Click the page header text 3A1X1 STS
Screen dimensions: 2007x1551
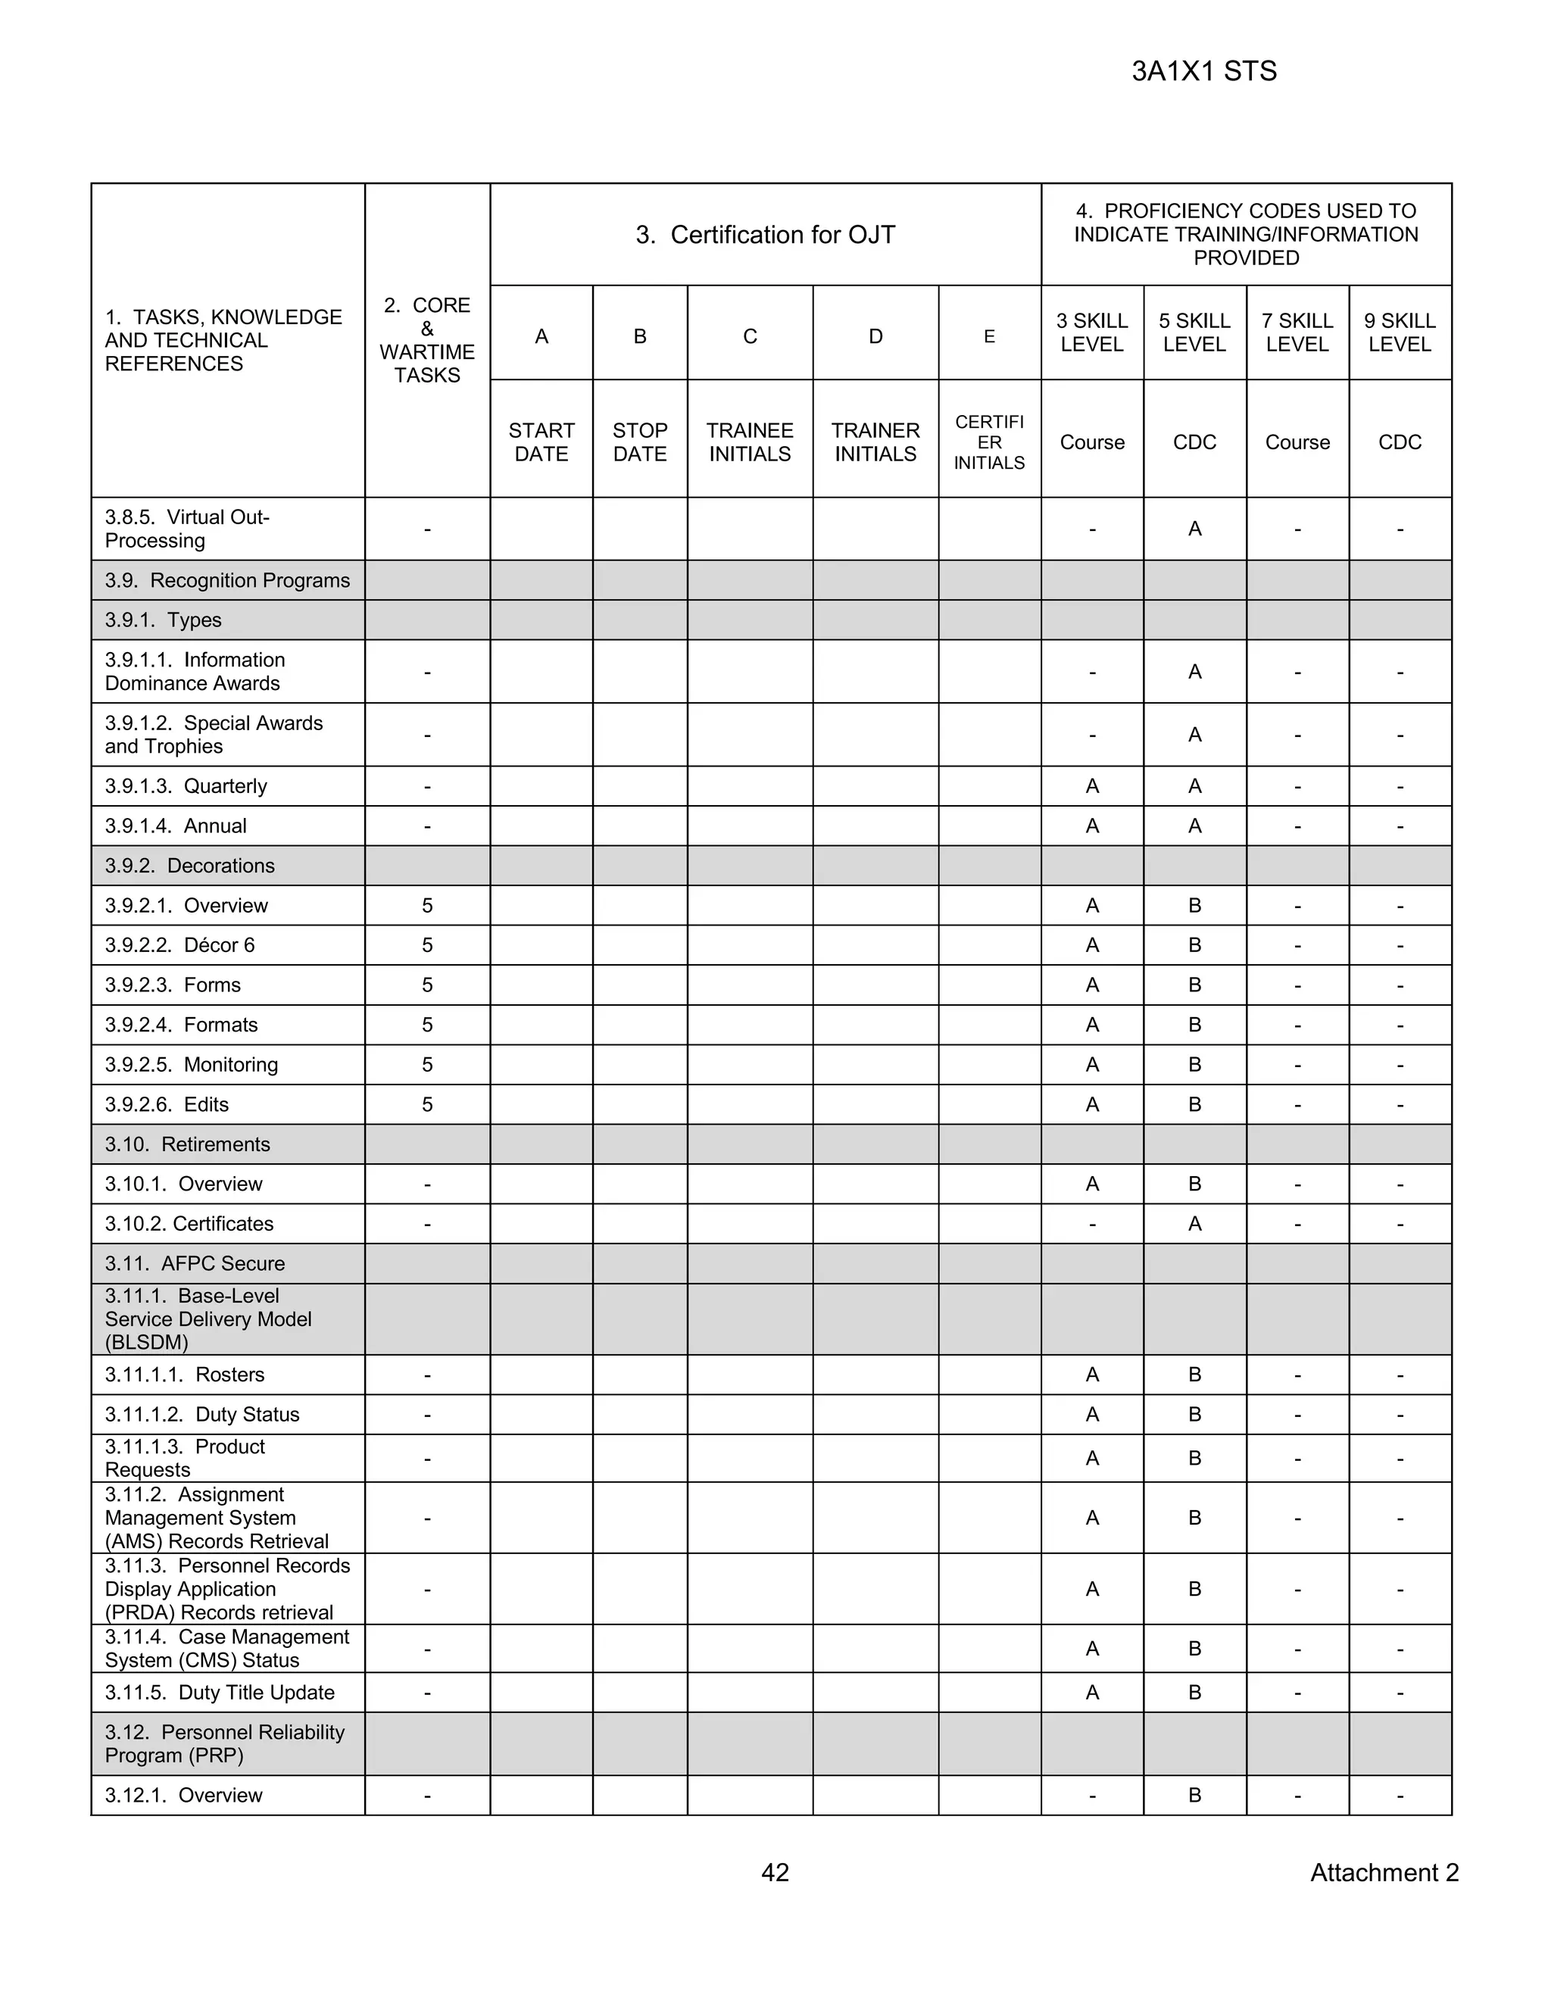(x=1203, y=72)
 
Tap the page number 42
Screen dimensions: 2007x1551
(x=775, y=1872)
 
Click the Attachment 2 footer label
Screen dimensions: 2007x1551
(x=1384, y=1872)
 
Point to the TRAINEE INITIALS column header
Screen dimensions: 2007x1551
(x=749, y=442)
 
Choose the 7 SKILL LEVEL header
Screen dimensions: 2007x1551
(x=1297, y=332)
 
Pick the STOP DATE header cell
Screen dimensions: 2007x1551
(x=639, y=442)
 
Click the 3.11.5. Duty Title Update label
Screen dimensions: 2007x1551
(x=220, y=1692)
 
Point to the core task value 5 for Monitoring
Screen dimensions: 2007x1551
(x=427, y=1064)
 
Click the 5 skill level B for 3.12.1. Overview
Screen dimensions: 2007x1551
(x=1194, y=1795)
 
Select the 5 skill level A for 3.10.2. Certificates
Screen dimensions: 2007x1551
(x=1194, y=1223)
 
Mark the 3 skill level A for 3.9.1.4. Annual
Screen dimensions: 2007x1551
(x=1091, y=826)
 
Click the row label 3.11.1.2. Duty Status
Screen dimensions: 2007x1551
(x=202, y=1414)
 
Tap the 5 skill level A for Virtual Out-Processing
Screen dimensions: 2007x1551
(x=1194, y=529)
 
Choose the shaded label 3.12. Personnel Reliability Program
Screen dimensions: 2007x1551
(x=224, y=1743)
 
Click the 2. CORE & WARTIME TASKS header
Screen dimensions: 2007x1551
(x=427, y=340)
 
